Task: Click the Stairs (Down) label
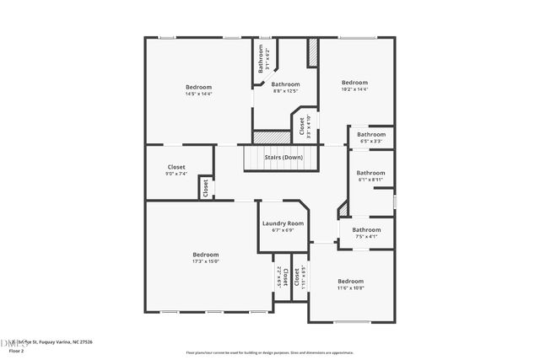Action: (283, 158)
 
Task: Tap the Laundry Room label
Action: (283, 223)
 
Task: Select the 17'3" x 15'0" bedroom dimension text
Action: (205, 261)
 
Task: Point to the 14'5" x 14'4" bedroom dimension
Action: (198, 94)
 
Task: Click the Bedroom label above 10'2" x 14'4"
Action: (354, 82)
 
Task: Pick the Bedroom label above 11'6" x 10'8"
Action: (350, 281)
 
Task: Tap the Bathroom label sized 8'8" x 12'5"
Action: (285, 84)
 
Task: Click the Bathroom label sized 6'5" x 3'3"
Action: (370, 134)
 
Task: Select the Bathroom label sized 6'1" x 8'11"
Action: (370, 173)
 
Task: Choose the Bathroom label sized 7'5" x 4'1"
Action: (366, 229)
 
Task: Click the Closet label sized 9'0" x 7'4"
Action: (176, 167)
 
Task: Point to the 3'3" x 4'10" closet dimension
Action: (308, 126)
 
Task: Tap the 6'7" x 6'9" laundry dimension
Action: (283, 230)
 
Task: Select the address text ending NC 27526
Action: (52, 341)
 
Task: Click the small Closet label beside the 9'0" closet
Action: (204, 188)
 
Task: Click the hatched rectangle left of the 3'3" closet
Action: (272, 137)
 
